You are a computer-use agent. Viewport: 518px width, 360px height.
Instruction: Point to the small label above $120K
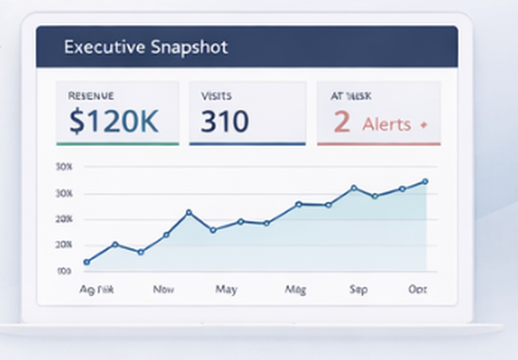pyautogui.click(x=91, y=96)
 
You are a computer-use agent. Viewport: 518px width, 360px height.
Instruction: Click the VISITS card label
pyautogui.click(x=216, y=96)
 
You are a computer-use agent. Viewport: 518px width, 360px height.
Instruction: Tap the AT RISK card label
pyautogui.click(x=351, y=96)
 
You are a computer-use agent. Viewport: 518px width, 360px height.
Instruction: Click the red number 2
pyautogui.click(x=341, y=122)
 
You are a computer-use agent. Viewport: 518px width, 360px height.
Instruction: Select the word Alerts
pyautogui.click(x=387, y=124)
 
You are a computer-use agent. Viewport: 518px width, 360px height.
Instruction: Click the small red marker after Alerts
pyautogui.click(x=423, y=125)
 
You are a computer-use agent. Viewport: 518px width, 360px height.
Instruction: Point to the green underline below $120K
pyautogui.click(x=118, y=144)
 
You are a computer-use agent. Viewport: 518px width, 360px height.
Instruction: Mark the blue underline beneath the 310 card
pyautogui.click(x=247, y=144)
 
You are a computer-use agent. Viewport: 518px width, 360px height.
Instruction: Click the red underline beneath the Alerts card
pyautogui.click(x=379, y=144)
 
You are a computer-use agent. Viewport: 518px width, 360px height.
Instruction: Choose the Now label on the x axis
pyautogui.click(x=163, y=289)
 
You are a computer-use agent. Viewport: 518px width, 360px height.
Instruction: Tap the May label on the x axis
pyautogui.click(x=226, y=289)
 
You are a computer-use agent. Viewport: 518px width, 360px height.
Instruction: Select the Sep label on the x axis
pyautogui.click(x=358, y=289)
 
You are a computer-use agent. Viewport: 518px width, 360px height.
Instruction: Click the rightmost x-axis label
pyautogui.click(x=417, y=289)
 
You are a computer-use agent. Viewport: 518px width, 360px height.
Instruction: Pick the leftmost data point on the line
pyautogui.click(x=87, y=262)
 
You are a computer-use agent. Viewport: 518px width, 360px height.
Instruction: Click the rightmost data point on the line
pyautogui.click(x=425, y=181)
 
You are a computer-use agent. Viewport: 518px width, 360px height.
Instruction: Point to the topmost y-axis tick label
pyautogui.click(x=65, y=167)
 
